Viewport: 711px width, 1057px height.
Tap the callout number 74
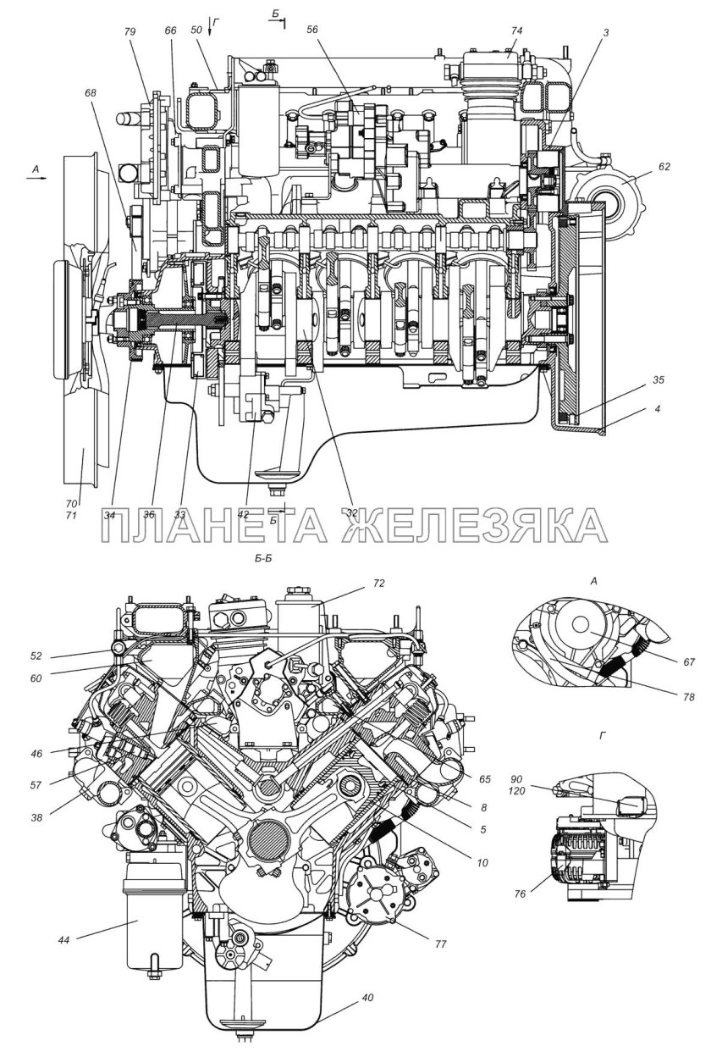[516, 30]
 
